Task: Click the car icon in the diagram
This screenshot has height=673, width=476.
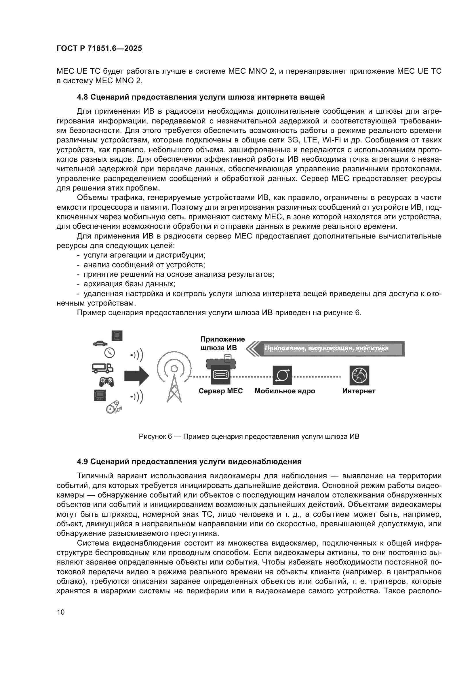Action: click(x=100, y=343)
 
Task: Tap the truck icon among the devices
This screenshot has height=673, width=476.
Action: click(x=102, y=368)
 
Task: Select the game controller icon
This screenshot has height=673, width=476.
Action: click(x=106, y=381)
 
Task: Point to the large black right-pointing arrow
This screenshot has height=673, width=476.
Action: click(x=137, y=375)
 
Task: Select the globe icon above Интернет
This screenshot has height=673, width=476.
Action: click(x=359, y=375)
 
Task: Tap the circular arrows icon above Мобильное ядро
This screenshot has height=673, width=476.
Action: click(x=282, y=375)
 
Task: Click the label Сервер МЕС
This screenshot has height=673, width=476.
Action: click(x=221, y=391)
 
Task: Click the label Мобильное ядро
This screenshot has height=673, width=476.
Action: click(x=285, y=391)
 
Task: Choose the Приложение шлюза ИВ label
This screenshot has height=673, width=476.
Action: click(x=222, y=344)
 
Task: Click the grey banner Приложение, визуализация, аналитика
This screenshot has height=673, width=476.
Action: click(x=327, y=348)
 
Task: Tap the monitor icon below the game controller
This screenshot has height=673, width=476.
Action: click(x=100, y=395)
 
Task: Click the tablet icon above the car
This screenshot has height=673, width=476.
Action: click(x=117, y=335)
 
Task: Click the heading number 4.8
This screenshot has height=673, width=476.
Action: click(x=82, y=97)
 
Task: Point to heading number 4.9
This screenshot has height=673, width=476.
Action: click(x=82, y=462)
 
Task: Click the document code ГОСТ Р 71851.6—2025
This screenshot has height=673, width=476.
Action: click(x=99, y=49)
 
